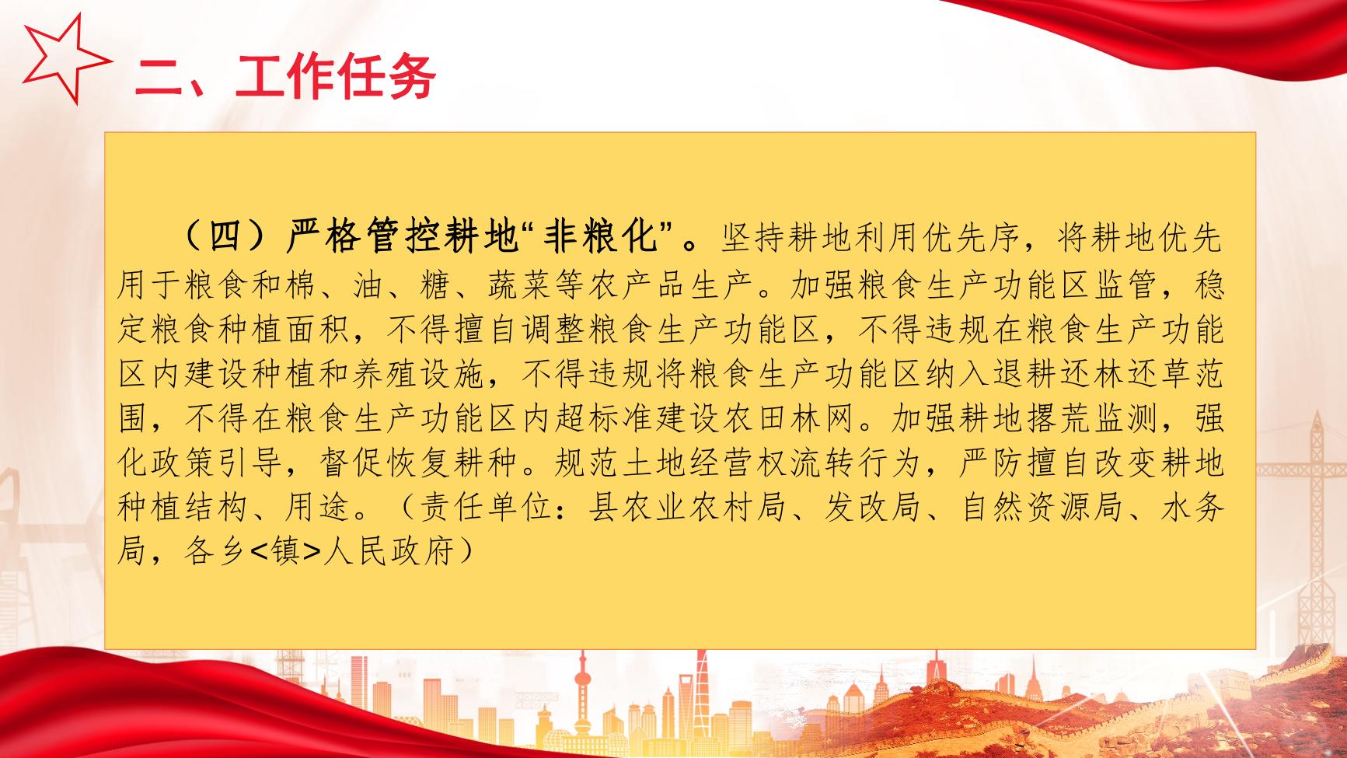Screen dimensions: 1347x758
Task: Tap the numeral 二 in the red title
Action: pos(161,77)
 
